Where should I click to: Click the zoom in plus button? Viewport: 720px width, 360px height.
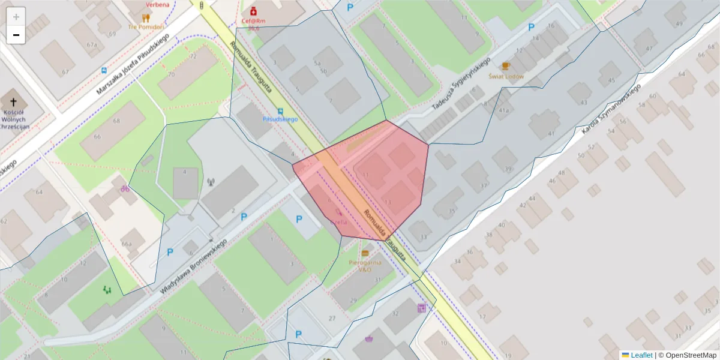pyautogui.click(x=16, y=17)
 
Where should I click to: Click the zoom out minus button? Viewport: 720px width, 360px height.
pyautogui.click(x=16, y=35)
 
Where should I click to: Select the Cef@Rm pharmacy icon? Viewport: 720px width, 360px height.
pyautogui.click(x=253, y=11)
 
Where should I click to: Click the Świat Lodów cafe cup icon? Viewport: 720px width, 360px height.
pyautogui.click(x=506, y=66)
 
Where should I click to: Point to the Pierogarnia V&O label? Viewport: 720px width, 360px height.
pyautogui.click(x=365, y=266)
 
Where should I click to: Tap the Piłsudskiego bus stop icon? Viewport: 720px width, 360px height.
pyautogui.click(x=280, y=111)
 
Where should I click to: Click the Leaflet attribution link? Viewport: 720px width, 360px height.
pyautogui.click(x=641, y=355)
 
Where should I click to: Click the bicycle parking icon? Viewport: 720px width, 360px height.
pyautogui.click(x=125, y=188)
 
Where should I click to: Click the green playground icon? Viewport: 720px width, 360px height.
pyautogui.click(x=107, y=290)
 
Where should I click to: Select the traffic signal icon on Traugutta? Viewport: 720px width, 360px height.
pyautogui.click(x=201, y=5)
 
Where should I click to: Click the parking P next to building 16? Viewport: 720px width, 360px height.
pyautogui.click(x=531, y=27)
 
